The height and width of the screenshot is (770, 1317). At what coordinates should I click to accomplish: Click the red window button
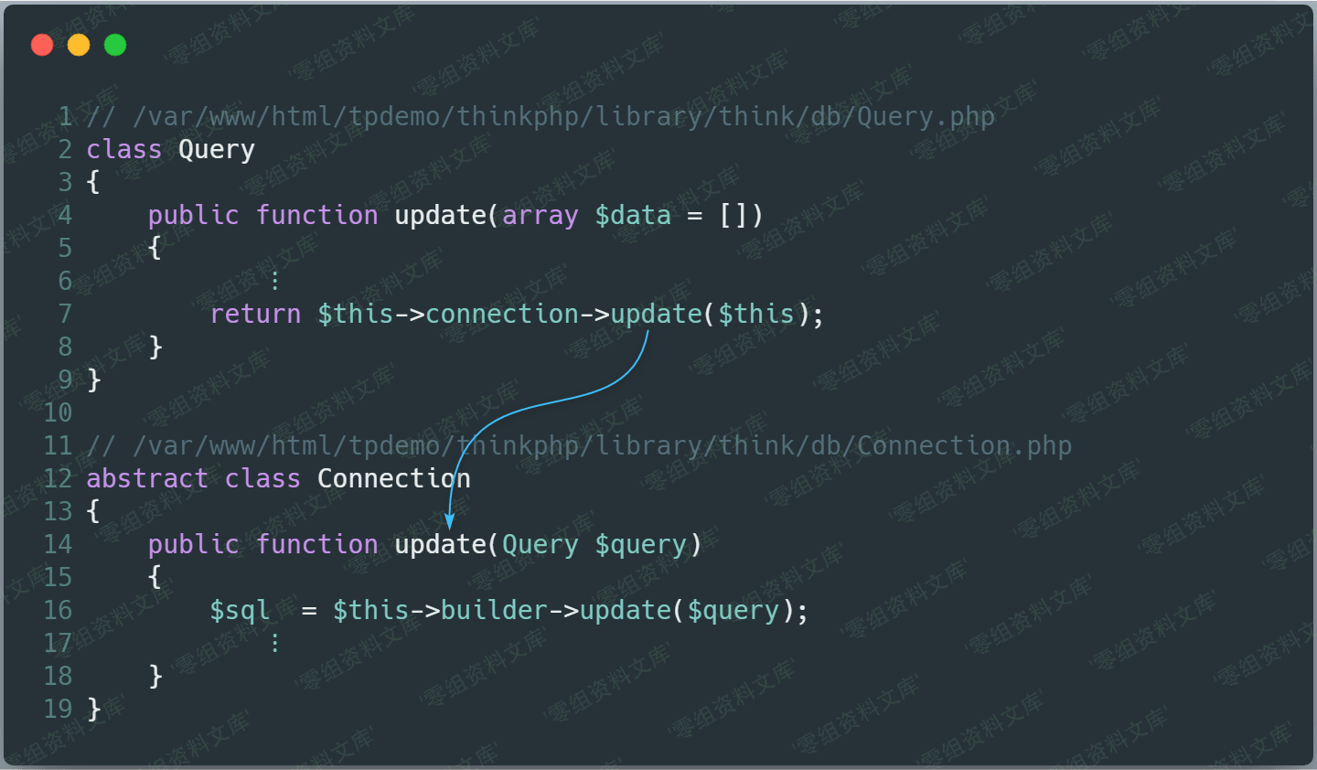(42, 45)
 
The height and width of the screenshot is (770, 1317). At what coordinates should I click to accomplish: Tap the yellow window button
(79, 45)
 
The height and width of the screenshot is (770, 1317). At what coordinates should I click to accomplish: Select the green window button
(115, 45)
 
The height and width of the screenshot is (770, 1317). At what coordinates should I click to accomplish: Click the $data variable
(633, 215)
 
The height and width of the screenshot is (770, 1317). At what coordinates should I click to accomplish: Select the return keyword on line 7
(255, 314)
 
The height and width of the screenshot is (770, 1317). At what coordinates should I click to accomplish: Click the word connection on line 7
(502, 314)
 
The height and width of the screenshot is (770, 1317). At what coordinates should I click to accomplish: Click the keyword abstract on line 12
(147, 478)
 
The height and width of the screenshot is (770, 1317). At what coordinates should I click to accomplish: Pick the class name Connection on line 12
(394, 478)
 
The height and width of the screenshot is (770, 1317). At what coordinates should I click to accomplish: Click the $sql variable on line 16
(240, 610)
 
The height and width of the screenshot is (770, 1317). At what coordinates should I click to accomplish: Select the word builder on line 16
(495, 610)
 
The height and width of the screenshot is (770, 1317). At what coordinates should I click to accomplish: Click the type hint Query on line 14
(541, 545)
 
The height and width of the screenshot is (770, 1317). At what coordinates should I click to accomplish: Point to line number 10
(59, 412)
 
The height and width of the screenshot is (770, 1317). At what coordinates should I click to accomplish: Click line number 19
(59, 709)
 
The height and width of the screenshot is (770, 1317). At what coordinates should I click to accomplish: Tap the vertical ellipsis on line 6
(274, 281)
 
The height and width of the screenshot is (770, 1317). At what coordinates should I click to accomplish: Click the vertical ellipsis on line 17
(274, 643)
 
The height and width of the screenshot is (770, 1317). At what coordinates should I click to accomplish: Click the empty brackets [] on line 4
(733, 216)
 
